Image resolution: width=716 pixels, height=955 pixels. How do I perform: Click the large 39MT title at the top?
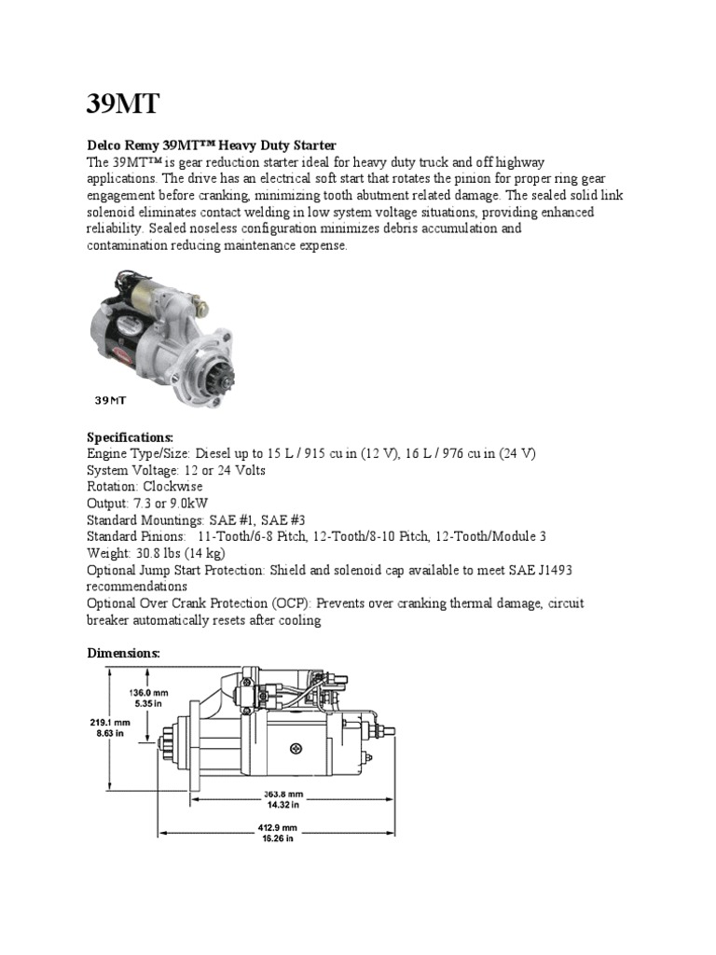(x=128, y=102)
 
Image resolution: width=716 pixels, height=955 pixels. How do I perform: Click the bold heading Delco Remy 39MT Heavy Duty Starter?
(x=211, y=145)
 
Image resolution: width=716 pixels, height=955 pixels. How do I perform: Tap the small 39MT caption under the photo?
(x=110, y=402)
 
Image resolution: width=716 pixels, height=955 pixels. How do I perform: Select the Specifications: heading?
(x=131, y=436)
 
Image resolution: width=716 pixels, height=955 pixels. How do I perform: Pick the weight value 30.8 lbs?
(x=161, y=554)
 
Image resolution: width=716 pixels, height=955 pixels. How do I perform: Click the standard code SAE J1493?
(x=553, y=571)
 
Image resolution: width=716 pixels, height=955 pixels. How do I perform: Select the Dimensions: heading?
(x=124, y=654)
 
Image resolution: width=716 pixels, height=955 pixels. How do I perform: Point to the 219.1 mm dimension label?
(x=102, y=723)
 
